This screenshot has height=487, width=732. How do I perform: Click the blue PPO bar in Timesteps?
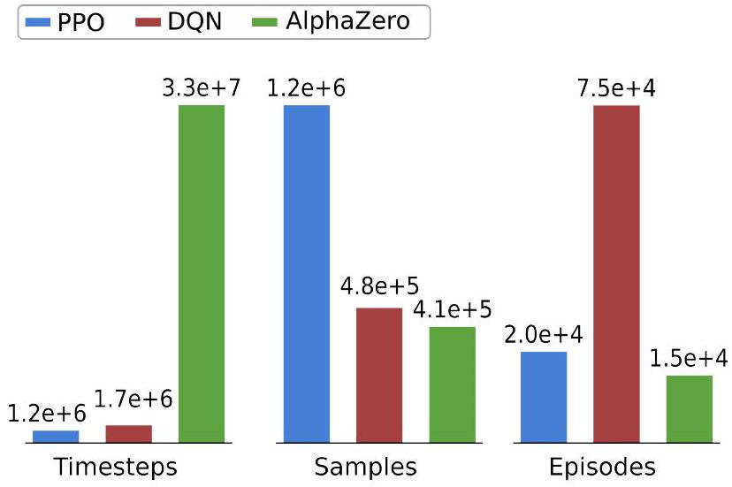56,436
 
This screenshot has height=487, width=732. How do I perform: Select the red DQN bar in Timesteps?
129,433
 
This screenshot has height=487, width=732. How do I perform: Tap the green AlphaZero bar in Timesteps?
202,273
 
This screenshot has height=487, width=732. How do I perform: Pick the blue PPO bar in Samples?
306,273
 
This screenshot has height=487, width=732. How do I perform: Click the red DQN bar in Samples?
379,375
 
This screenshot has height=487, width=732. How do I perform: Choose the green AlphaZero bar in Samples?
452,384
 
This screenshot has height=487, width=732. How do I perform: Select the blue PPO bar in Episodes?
544,397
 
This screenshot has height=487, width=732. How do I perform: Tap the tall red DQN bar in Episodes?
616,273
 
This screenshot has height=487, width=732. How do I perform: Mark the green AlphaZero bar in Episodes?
690,408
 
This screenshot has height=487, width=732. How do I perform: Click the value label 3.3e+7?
202,88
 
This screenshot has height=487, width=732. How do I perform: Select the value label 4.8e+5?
379,288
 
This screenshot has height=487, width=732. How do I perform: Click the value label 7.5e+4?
616,88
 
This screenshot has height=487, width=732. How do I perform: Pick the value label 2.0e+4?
544,335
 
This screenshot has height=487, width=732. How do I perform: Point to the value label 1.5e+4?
690,359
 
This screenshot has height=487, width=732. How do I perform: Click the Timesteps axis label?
116,466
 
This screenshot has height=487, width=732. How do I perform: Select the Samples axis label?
365,466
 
